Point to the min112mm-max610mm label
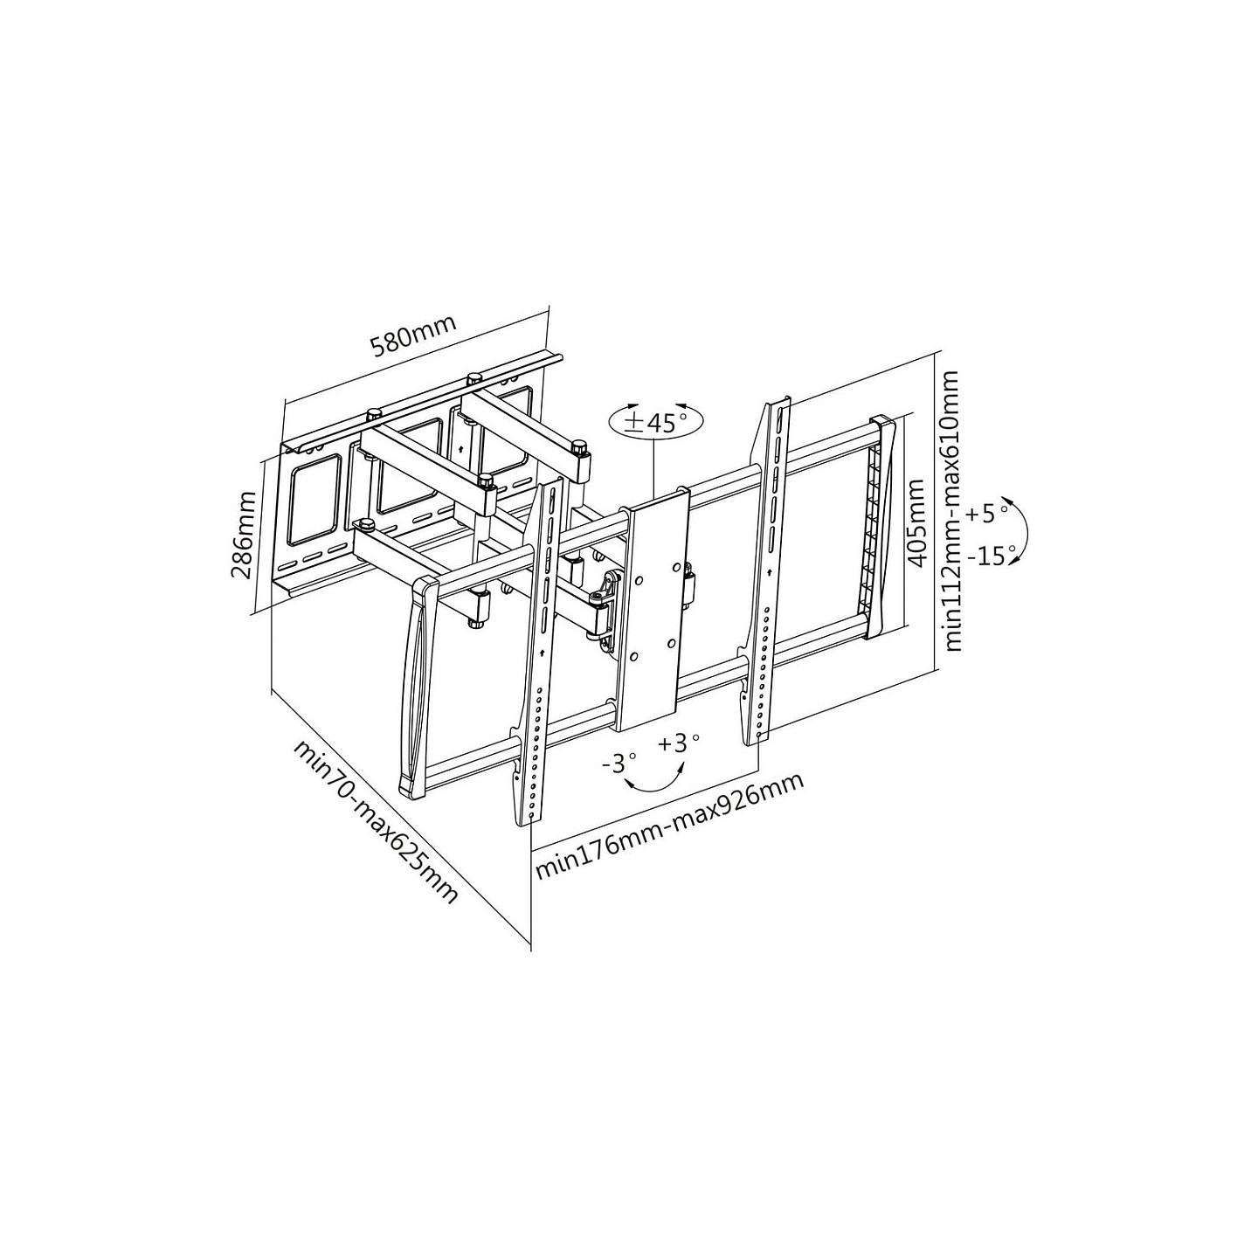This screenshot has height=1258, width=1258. [x=952, y=511]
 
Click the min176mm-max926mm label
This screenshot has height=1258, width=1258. [x=669, y=826]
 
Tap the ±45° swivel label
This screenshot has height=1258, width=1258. [x=655, y=422]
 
